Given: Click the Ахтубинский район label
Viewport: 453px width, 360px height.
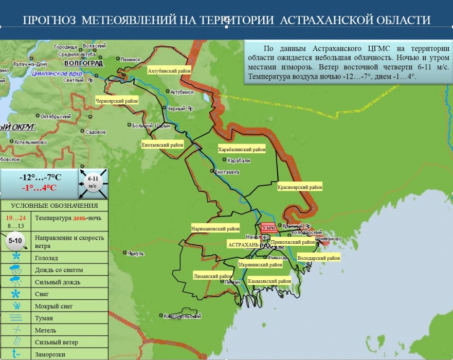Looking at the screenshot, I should [169, 70].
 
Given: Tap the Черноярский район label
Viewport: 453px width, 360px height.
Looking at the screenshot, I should [117, 101].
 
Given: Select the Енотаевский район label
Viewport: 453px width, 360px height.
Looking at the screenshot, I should [162, 145].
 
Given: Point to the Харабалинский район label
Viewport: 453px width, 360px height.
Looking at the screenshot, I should [242, 150].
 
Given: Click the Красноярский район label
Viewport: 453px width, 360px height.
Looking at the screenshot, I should [300, 188].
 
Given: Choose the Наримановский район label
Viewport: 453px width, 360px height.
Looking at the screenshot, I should [215, 229].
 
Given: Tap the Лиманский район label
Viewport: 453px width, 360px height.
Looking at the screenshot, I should [212, 276].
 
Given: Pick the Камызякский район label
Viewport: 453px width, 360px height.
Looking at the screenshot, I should [269, 281].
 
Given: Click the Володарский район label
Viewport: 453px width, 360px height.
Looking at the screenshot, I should [319, 258].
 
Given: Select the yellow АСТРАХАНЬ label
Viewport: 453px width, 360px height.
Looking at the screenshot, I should [243, 245].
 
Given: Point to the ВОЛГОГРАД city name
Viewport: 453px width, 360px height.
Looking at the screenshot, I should [84, 63].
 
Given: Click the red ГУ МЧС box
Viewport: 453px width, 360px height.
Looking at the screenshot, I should [268, 228].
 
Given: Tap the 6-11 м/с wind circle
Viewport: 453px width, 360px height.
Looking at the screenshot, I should [93, 183].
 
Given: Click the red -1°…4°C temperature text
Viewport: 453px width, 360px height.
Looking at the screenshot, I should [39, 188].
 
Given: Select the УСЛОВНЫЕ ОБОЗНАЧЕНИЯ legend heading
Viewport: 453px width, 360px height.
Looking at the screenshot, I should [54, 206].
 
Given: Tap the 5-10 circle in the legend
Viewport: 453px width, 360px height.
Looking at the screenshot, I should [16, 240].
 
